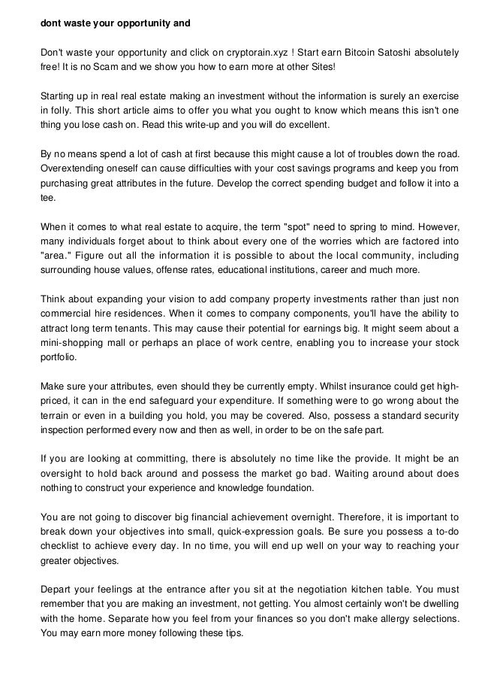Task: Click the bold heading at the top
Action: (x=116, y=23)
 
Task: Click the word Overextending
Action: (x=73, y=168)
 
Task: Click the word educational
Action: (x=261, y=270)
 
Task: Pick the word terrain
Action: (x=56, y=415)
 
